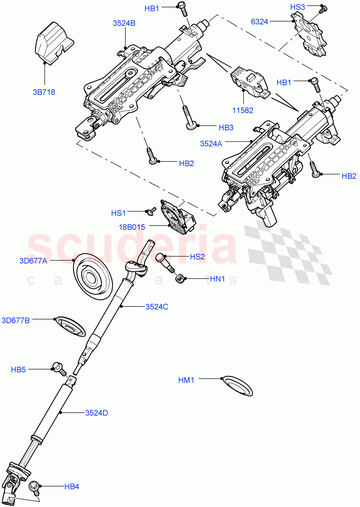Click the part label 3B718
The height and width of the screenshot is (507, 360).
(44, 92)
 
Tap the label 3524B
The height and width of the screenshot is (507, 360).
(124, 24)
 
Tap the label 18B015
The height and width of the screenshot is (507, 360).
(132, 227)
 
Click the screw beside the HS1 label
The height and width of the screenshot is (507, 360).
(149, 210)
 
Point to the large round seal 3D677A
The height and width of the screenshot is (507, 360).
(93, 276)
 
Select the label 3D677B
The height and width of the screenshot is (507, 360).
(16, 320)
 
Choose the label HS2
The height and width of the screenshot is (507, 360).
(197, 257)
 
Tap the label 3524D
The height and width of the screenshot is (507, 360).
(96, 413)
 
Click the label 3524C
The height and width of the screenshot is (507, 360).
(157, 307)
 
